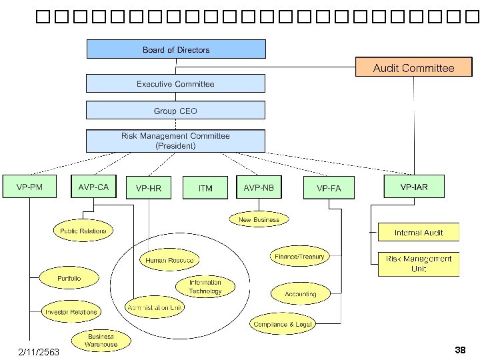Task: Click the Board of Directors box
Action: pyautogui.click(x=176, y=49)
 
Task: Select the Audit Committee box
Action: pyautogui.click(x=413, y=68)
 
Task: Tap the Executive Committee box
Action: pyautogui.click(x=176, y=83)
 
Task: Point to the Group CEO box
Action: pyautogui.click(x=176, y=111)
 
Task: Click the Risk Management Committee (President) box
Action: pyautogui.click(x=176, y=140)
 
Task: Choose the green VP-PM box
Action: pyautogui.click(x=29, y=187)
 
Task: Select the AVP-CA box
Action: pyautogui.click(x=93, y=187)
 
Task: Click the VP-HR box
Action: pyautogui.click(x=149, y=189)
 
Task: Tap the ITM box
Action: pyautogui.click(x=205, y=189)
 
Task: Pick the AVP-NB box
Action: pyautogui.click(x=259, y=187)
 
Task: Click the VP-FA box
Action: pyautogui.click(x=327, y=189)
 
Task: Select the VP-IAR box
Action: pyautogui.click(x=414, y=187)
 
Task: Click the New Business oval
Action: pyautogui.click(x=259, y=220)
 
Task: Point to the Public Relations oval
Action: pyautogui.click(x=83, y=231)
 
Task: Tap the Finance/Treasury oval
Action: pyautogui.click(x=299, y=256)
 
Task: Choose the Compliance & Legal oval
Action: pyautogui.click(x=283, y=325)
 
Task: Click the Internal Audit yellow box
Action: pyautogui.click(x=418, y=232)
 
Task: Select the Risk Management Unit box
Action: pyautogui.click(x=418, y=264)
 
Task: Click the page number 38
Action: pyautogui.click(x=459, y=349)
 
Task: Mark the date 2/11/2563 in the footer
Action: pyautogui.click(x=39, y=351)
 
